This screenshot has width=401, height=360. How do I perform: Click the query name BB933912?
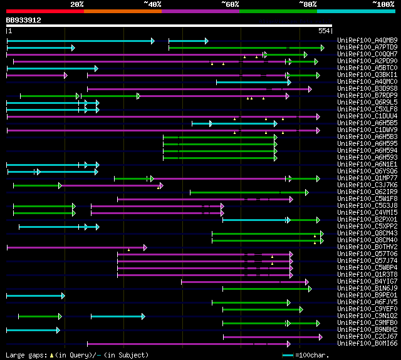(x=24, y=20)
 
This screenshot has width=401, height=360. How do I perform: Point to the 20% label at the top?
(x=77, y=4)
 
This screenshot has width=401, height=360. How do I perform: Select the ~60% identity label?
(x=230, y=4)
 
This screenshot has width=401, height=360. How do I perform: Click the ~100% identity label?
(x=383, y=4)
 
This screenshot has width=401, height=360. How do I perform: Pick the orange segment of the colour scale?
(x=123, y=11)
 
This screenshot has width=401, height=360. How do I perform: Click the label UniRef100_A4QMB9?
(x=367, y=41)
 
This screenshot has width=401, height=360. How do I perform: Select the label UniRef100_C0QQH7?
(x=367, y=54)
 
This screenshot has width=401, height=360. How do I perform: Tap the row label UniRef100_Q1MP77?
(x=367, y=178)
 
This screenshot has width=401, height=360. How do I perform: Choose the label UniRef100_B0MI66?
(x=367, y=343)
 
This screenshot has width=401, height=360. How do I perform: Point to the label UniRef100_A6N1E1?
(x=367, y=165)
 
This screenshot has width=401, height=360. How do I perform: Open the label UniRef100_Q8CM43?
(x=367, y=233)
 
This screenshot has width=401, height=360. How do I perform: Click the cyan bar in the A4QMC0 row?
(x=253, y=82)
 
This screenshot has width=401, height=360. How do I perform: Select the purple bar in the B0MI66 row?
(x=188, y=343)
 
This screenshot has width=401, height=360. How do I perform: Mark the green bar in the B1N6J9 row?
(x=266, y=289)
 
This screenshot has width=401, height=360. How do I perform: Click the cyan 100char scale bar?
(x=288, y=355)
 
